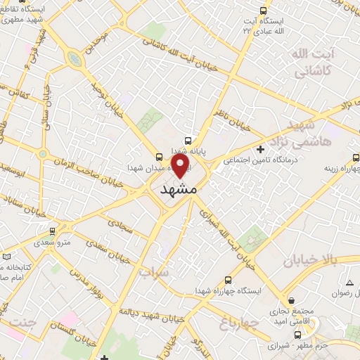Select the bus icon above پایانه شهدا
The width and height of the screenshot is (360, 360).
(x=188, y=139)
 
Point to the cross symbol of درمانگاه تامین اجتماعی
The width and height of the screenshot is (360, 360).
(x=261, y=149)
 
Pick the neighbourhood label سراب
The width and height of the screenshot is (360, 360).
(x=154, y=271)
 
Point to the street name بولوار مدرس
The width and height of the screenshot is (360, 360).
(x=88, y=274)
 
